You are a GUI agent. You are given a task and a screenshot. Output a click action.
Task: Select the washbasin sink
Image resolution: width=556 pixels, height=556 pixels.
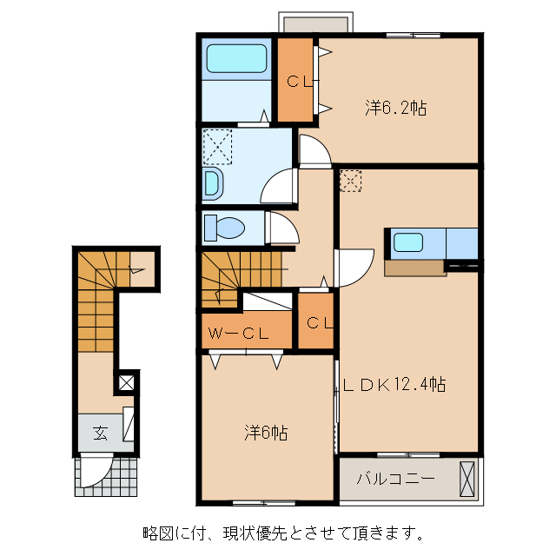coord(212,184)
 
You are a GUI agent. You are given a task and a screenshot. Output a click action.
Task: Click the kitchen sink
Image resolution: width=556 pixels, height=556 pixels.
coord(407,242)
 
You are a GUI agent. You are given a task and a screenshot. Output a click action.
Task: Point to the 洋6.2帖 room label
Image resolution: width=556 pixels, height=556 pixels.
coord(394,109)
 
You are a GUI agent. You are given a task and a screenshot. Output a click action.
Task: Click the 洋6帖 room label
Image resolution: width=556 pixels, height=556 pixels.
coord(266,432)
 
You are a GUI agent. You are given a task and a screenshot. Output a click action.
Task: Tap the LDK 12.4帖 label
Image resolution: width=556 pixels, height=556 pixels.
coord(393,384)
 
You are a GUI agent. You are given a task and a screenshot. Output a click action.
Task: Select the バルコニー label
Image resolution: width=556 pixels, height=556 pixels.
coord(395,479)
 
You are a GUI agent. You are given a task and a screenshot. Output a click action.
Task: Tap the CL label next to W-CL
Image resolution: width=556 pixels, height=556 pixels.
coord(319,323)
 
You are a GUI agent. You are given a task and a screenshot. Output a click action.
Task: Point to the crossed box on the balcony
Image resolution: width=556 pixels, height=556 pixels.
coord(467,480)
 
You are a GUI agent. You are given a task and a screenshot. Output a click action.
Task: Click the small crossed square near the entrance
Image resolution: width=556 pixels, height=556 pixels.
coord(127,381)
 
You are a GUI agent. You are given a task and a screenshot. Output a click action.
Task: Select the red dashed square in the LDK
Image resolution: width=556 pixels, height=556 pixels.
coord(350,179)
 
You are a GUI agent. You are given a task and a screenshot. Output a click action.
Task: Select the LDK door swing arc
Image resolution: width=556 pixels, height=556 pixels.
coord(349,268)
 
